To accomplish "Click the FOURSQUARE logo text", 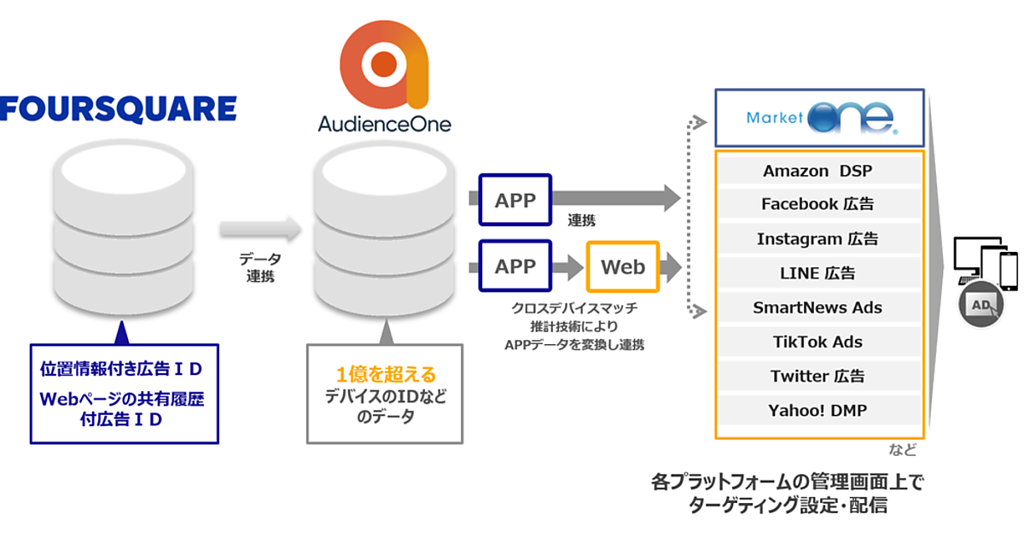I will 119,108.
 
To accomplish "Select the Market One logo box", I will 819,117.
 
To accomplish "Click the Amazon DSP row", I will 818,171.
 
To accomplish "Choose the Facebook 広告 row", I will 818,205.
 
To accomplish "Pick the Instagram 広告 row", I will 818,239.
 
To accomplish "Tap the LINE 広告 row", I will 818,273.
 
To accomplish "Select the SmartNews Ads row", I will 818,307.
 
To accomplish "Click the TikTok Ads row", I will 818,342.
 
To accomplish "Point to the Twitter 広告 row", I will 818,376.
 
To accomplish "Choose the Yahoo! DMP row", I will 818,410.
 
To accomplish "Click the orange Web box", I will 623,266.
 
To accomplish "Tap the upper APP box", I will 515,201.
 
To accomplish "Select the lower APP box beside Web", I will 515,266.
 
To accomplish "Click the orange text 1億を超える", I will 385,374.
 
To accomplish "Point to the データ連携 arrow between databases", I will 260,228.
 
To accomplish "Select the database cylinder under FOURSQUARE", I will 123,222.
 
